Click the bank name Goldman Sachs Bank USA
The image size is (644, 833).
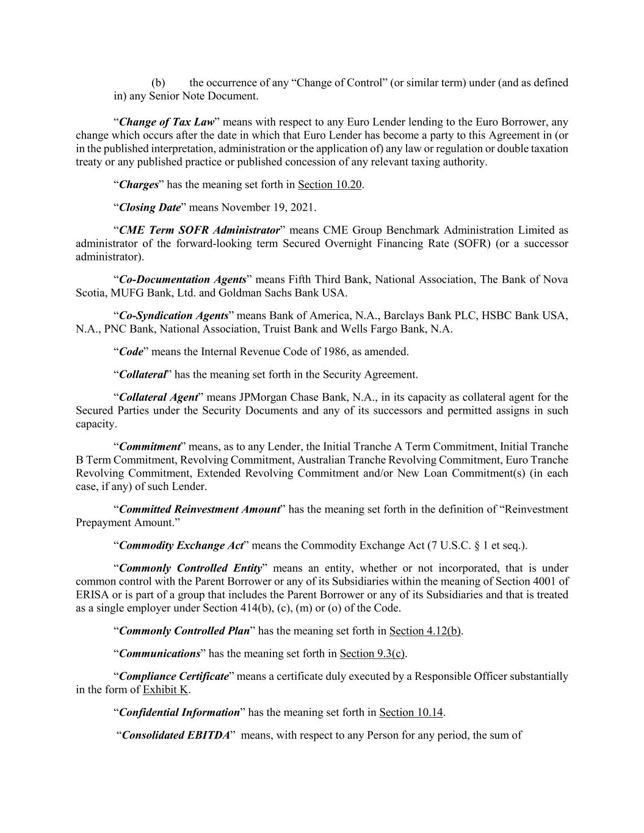tap(293, 293)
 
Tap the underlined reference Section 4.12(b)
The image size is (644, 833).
tap(425, 631)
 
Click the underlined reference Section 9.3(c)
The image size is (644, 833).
tap(372, 654)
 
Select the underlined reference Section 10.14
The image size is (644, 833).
tap(411, 712)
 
